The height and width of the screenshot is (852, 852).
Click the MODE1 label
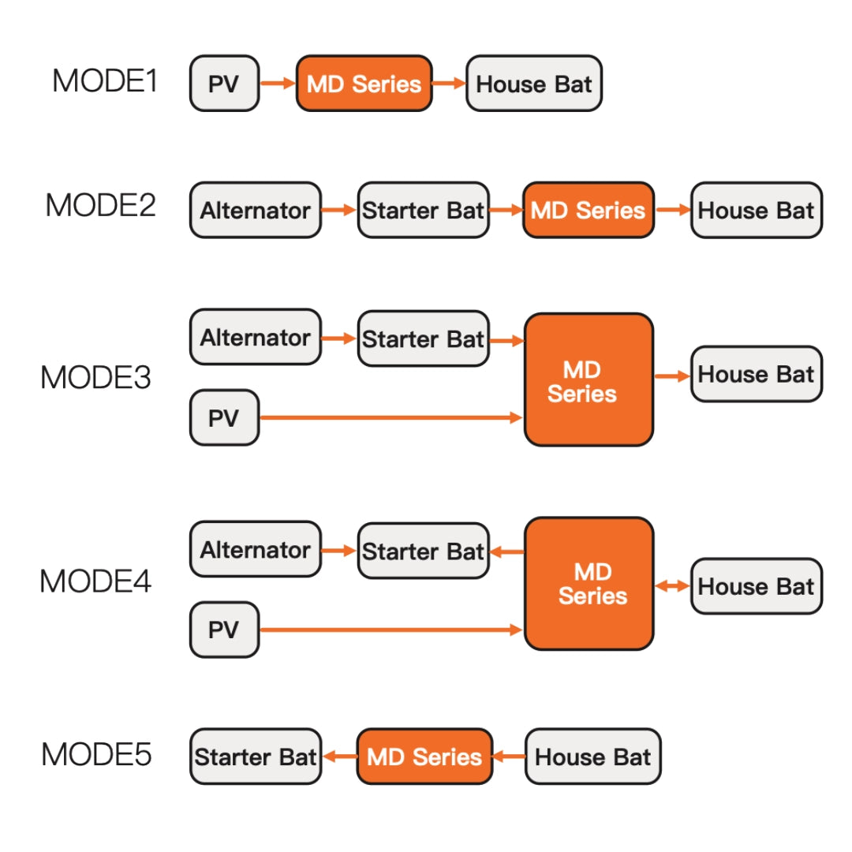click(x=105, y=81)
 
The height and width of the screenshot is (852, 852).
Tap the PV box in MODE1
click(x=224, y=84)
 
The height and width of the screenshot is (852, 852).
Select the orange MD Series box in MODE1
click(x=364, y=84)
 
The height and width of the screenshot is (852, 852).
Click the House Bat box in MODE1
click(x=534, y=84)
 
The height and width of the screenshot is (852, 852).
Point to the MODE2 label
click(x=100, y=205)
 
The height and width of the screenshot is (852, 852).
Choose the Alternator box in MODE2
click(x=255, y=211)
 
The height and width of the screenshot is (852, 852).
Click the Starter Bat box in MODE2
click(x=423, y=211)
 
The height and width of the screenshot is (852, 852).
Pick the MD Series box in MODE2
click(x=588, y=211)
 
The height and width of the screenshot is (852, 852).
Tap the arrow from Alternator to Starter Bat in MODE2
click(x=339, y=211)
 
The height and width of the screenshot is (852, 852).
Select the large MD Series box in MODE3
click(x=589, y=380)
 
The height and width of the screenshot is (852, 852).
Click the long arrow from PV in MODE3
click(x=390, y=417)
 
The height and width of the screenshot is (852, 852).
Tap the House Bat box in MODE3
click(x=756, y=374)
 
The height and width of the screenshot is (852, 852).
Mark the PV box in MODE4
click(x=224, y=630)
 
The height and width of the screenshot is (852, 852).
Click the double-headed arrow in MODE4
click(x=672, y=586)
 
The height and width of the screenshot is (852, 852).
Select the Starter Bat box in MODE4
click(x=423, y=551)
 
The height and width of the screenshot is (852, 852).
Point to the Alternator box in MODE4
click(x=255, y=549)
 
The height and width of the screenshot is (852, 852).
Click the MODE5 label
click(x=96, y=754)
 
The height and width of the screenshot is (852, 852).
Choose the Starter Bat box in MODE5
click(x=255, y=757)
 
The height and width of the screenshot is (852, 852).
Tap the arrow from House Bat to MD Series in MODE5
click(x=509, y=757)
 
